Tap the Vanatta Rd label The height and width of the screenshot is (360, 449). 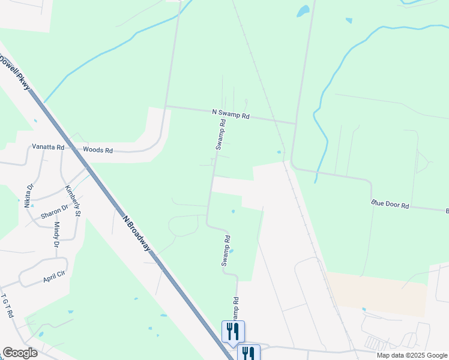click(47, 146)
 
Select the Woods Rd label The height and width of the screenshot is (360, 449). click(98, 150)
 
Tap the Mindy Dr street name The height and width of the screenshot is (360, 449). click(56, 235)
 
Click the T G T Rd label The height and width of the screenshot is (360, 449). click(8, 306)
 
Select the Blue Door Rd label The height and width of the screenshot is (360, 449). click(390, 205)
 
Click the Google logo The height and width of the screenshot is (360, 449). click(20, 353)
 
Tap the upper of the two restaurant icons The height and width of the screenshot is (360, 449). click(233, 331)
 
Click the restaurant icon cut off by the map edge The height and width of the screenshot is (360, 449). click(248, 353)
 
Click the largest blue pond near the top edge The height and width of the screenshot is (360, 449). click(303, 11)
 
